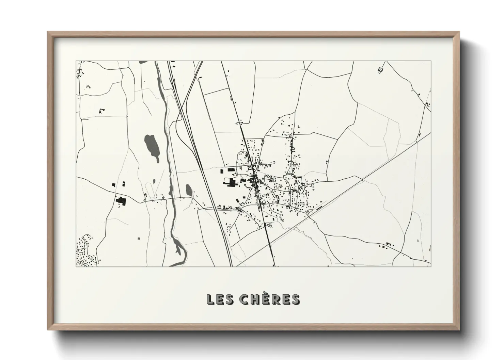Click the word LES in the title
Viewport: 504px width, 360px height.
tap(219, 299)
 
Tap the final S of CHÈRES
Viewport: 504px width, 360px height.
tap(295, 299)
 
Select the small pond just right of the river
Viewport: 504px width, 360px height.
tap(189, 190)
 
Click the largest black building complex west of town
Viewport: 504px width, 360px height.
tap(231, 182)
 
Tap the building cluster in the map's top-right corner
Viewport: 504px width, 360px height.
tap(380, 70)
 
